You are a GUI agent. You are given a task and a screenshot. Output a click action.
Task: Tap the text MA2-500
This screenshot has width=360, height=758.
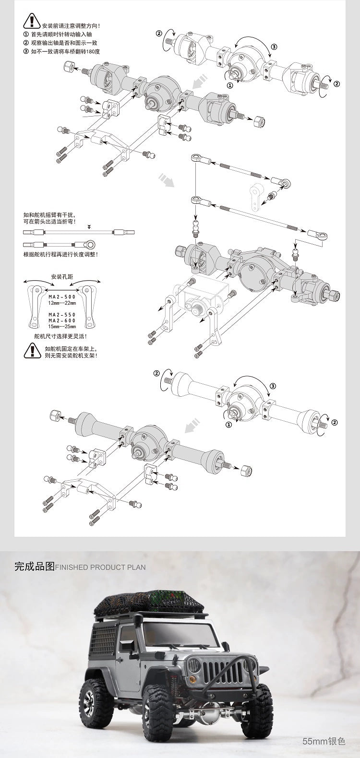[x=62, y=297]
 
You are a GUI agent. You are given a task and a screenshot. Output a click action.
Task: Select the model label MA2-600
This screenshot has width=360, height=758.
[x=62, y=321]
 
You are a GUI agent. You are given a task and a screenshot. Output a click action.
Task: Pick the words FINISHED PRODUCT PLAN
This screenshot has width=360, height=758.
[x=101, y=567]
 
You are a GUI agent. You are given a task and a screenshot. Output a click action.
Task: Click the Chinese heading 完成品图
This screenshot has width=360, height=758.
[x=35, y=567]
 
